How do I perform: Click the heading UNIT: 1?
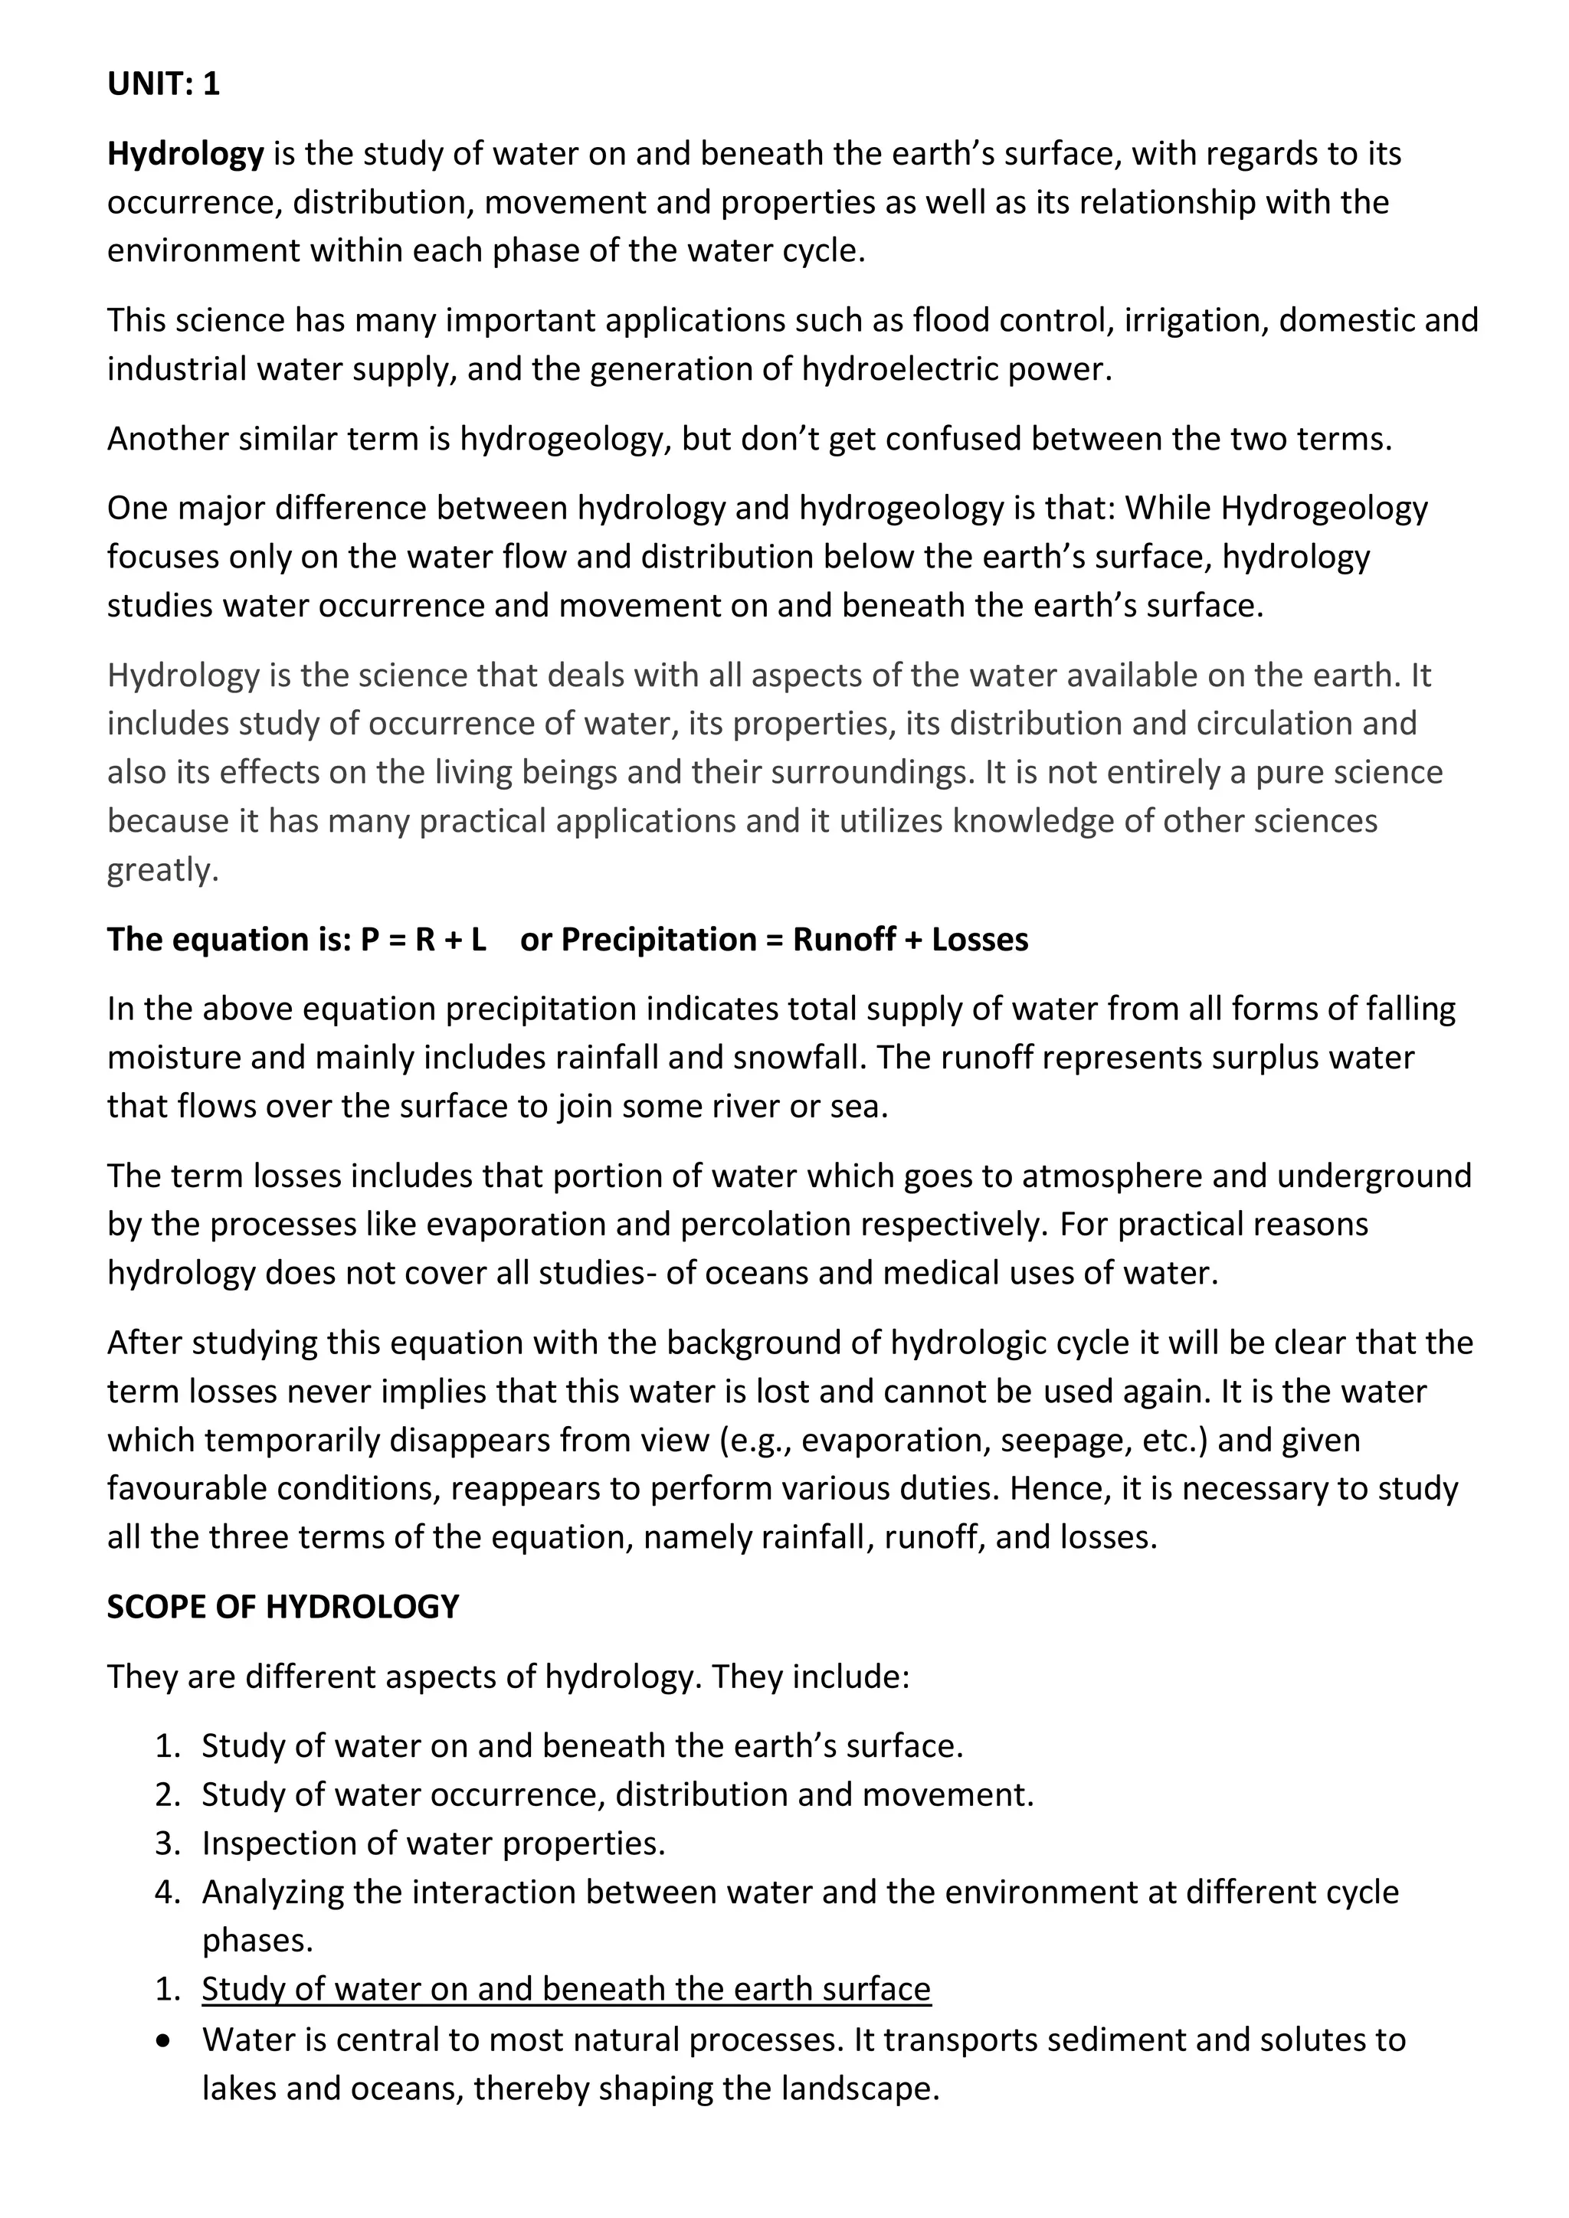pos(163,84)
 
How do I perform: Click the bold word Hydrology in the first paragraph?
pos(185,154)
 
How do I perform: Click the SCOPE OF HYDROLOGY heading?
pos(283,1607)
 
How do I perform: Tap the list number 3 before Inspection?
pos(166,1843)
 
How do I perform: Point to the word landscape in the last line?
pos(859,2088)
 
